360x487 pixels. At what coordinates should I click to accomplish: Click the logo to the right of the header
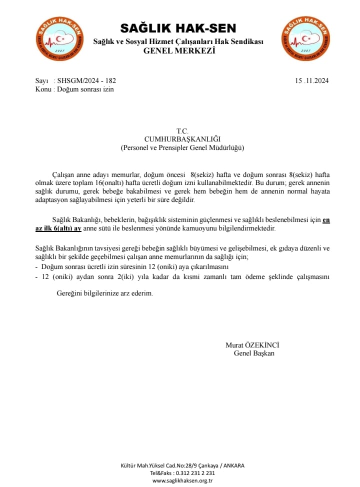305,38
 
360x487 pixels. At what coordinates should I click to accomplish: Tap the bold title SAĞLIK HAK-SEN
178,28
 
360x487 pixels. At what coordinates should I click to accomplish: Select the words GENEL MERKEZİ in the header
179,50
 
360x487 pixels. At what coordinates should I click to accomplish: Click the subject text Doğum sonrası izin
85,89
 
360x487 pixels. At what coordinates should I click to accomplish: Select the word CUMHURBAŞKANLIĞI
182,139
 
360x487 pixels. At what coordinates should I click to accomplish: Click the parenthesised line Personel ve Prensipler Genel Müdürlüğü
182,148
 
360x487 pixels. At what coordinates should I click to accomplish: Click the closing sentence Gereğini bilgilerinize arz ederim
104,293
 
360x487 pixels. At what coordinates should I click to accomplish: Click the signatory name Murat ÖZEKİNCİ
252,345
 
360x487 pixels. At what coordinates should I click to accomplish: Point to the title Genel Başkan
253,353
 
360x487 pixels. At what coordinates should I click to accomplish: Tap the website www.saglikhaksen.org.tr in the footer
182,480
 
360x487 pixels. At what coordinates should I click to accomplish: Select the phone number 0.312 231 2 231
192,473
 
